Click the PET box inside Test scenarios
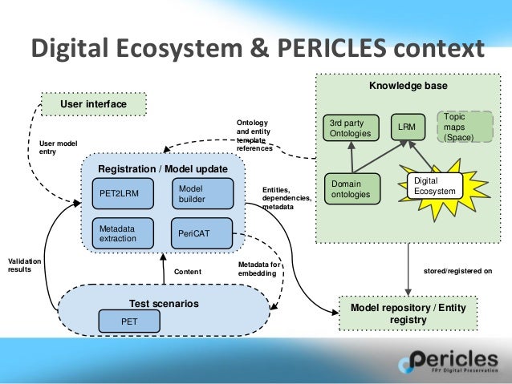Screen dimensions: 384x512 [128, 321]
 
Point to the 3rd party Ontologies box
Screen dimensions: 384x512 [351, 128]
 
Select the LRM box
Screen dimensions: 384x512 [408, 127]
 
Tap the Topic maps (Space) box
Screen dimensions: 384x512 [465, 127]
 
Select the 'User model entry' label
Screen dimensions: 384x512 [58, 147]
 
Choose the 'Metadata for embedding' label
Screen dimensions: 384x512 [259, 269]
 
